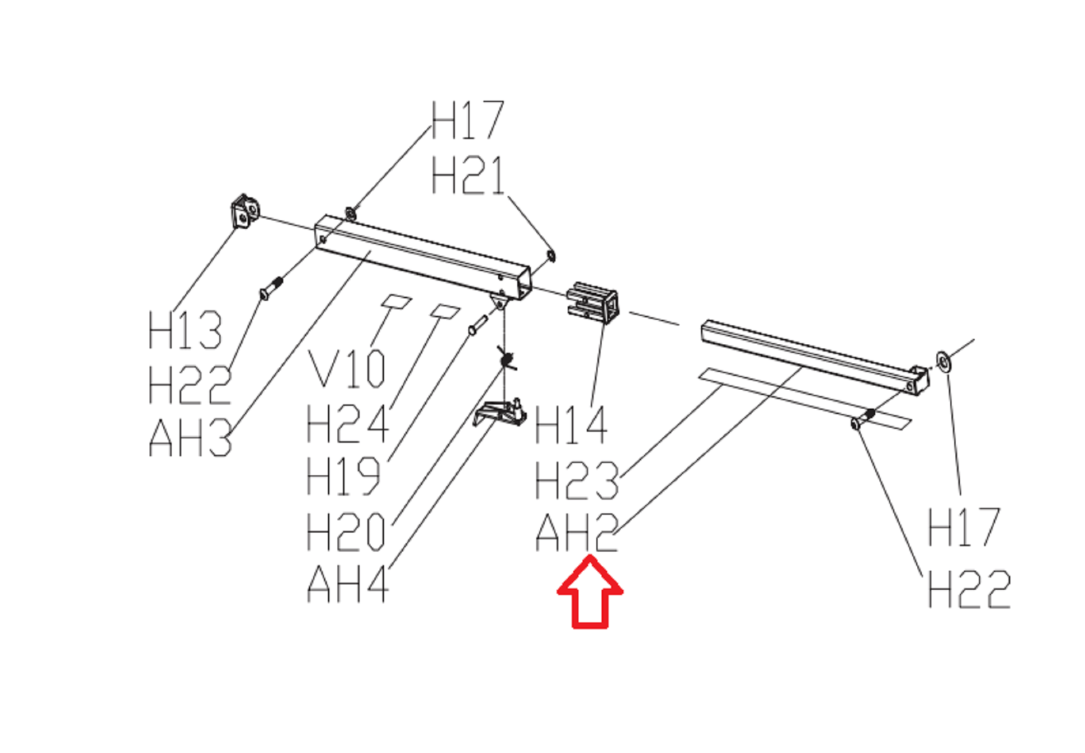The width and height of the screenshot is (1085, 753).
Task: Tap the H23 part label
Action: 576,480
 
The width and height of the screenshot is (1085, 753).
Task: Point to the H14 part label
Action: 571,425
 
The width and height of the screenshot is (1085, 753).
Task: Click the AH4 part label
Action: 348,583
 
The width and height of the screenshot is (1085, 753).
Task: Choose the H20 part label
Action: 347,531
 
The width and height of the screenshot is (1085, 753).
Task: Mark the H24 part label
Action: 348,424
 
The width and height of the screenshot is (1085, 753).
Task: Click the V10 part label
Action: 347,369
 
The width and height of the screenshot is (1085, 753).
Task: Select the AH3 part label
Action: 191,438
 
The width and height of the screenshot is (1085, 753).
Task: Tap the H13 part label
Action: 184,330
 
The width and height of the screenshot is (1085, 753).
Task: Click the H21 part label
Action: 468,176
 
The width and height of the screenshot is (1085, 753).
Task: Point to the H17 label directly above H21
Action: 468,121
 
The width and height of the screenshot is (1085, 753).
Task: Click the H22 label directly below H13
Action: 189,385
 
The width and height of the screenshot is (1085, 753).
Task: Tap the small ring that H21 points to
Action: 551,255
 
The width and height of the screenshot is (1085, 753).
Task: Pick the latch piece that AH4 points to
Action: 500,412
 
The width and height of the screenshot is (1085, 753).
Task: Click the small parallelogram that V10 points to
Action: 397,301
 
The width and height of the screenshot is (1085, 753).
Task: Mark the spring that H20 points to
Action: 506,359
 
